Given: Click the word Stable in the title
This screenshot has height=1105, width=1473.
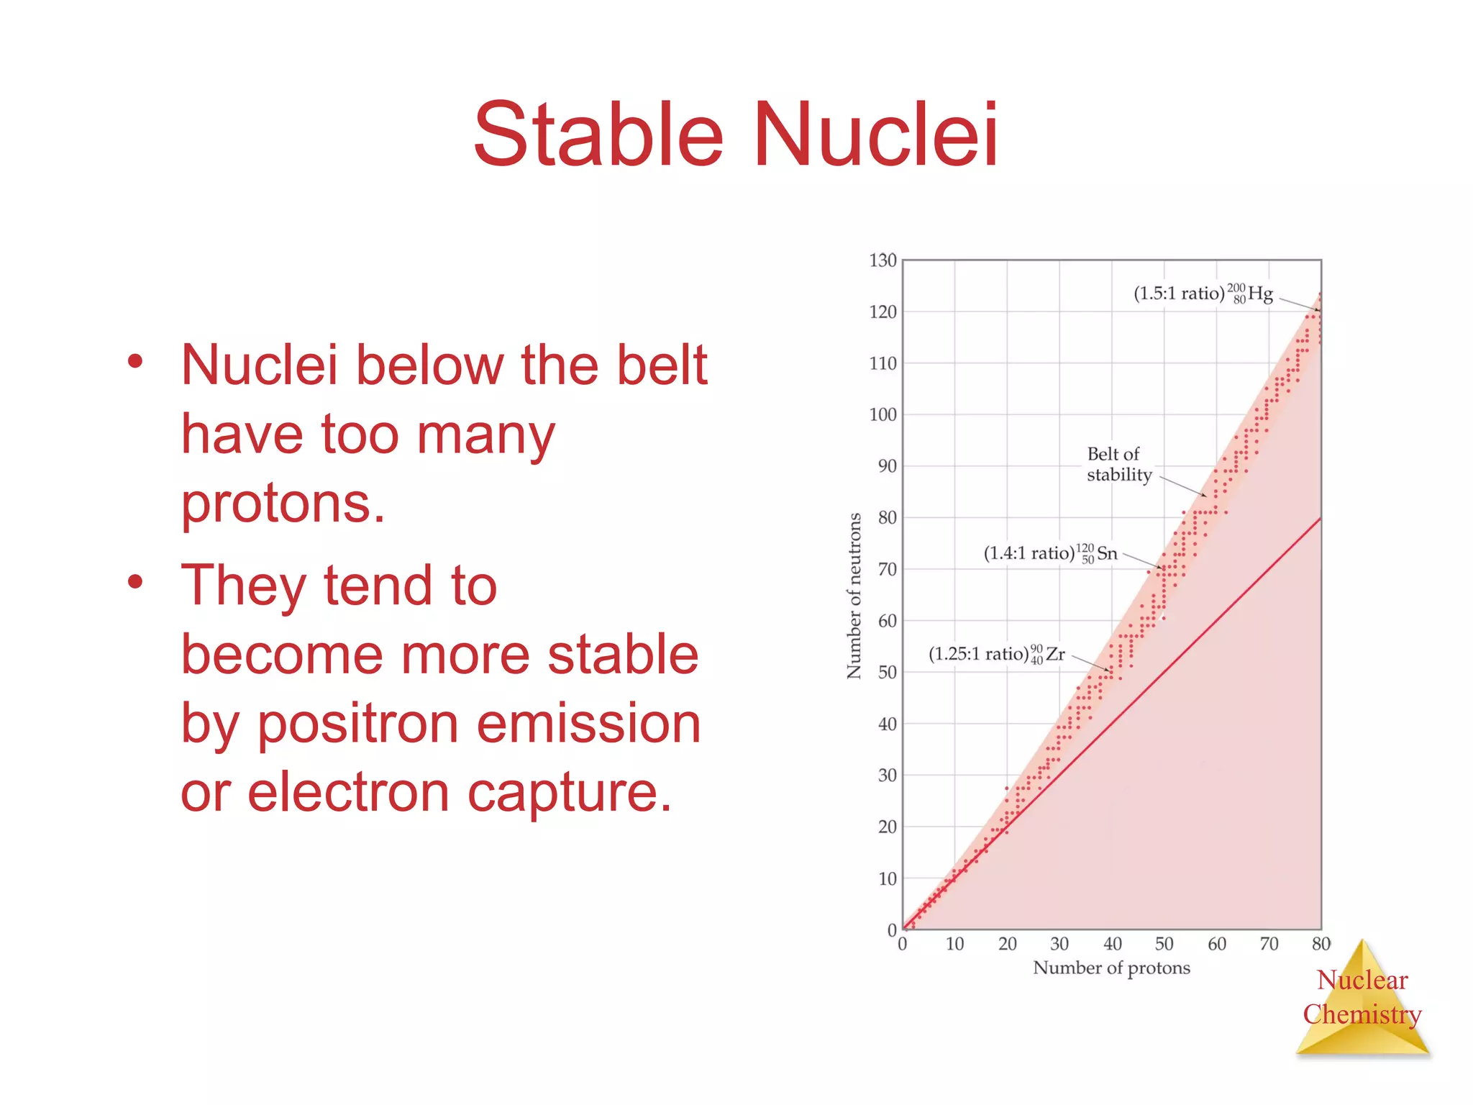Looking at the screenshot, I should [x=598, y=135].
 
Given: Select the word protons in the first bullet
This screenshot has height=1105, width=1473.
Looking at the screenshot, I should [x=283, y=504].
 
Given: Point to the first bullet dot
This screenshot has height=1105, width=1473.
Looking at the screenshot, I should [x=135, y=362].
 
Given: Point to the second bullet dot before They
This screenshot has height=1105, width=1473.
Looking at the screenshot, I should [x=135, y=582].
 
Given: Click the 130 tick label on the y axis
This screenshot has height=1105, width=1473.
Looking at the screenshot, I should [x=883, y=260].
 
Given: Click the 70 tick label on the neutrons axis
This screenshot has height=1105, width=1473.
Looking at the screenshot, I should [x=887, y=569].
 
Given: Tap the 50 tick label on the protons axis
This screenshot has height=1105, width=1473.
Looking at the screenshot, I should [x=1164, y=944].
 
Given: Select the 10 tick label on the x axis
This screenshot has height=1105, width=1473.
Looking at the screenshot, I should [x=954, y=944].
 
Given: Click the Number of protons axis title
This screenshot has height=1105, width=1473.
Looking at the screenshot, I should [x=1111, y=968].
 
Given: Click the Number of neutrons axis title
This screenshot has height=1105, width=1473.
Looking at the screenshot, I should [x=854, y=596].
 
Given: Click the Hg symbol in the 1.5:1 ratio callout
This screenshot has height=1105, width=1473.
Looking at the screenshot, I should [x=1260, y=294].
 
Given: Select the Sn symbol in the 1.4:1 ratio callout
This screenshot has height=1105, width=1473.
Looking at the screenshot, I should [x=1107, y=553].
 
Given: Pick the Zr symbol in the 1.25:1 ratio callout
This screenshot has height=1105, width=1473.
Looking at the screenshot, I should [x=1055, y=654].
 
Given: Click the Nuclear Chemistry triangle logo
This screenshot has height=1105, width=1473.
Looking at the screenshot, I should [x=1362, y=1000].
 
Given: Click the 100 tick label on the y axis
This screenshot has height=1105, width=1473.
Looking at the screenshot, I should [x=883, y=415].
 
